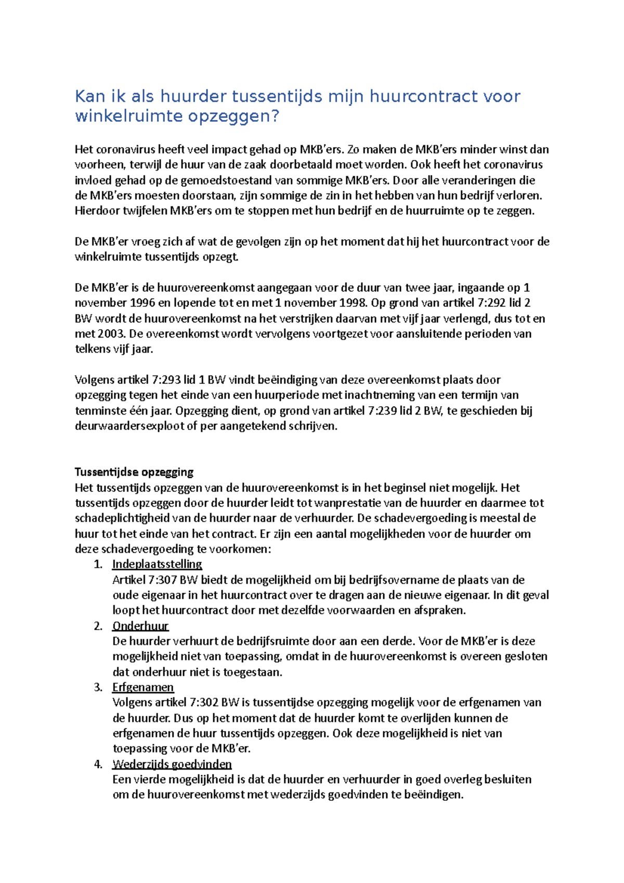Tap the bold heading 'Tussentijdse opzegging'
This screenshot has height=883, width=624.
click(134, 472)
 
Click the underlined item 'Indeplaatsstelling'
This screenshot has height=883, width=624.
click(157, 564)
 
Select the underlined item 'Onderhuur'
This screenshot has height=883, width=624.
click(140, 626)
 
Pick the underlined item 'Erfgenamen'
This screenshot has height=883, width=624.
click(143, 687)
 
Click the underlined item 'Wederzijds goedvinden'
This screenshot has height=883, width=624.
click(172, 764)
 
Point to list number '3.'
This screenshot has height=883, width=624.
click(98, 687)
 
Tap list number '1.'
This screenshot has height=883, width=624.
click(98, 564)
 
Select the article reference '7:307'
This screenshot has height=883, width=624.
click(163, 580)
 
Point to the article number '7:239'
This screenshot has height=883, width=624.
click(383, 411)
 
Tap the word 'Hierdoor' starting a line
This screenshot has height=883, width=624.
click(95, 211)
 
